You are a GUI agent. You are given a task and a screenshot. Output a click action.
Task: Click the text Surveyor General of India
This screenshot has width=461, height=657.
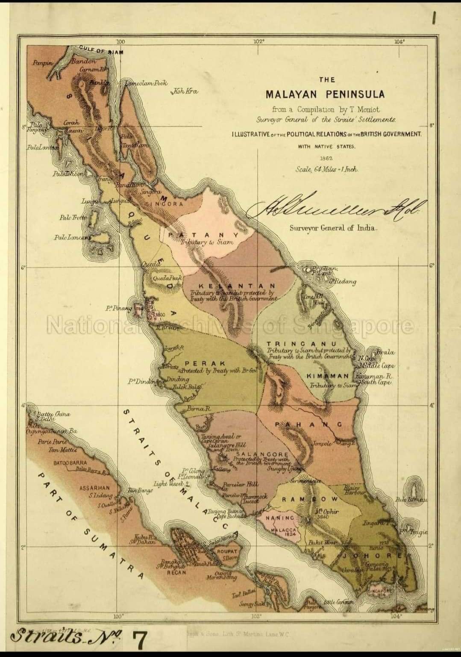333,228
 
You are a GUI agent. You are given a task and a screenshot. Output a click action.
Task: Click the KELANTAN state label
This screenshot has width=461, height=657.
237,286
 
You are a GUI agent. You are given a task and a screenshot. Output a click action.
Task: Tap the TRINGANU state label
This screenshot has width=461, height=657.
301,344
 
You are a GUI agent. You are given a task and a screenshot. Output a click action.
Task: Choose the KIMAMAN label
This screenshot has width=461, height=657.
328,376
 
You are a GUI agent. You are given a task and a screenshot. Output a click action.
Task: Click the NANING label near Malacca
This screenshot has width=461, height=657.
280,518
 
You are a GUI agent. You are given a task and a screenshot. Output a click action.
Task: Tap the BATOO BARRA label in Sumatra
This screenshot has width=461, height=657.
70,463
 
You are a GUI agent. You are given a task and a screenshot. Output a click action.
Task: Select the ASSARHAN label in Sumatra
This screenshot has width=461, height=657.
94,488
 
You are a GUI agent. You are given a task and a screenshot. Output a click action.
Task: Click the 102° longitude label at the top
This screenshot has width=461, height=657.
259,42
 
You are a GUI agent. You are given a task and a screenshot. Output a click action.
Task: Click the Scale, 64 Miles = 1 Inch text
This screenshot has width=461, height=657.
327,169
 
